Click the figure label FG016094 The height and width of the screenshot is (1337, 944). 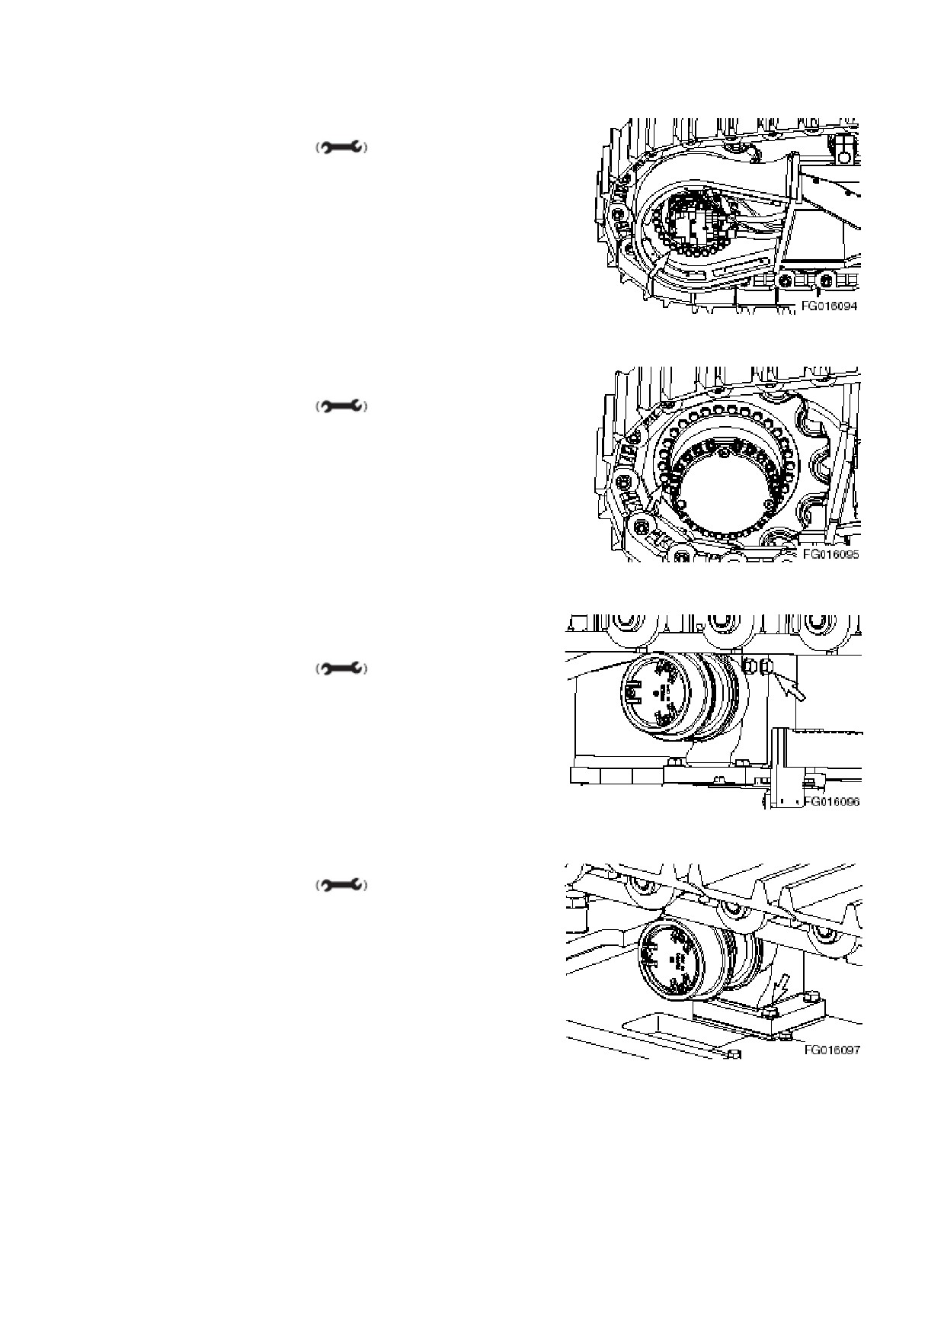tap(829, 306)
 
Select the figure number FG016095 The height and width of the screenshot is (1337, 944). tap(830, 554)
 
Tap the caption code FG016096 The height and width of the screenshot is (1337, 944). tap(831, 802)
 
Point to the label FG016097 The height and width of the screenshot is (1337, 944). tap(832, 1050)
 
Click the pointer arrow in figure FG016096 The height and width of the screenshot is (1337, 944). tap(791, 688)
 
